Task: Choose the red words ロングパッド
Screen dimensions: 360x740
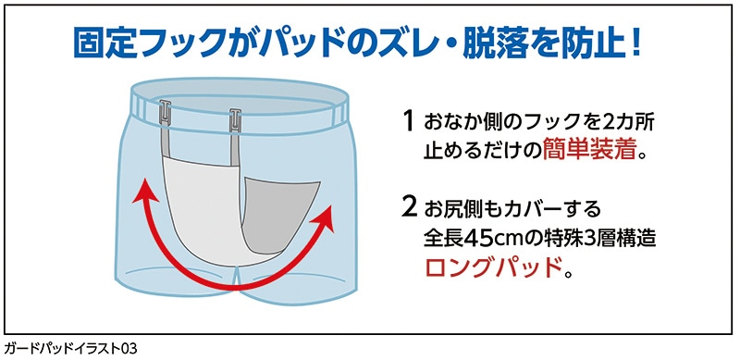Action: point(494,269)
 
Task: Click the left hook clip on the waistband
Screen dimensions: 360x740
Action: point(165,115)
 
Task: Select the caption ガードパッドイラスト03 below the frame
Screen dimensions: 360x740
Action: point(70,349)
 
